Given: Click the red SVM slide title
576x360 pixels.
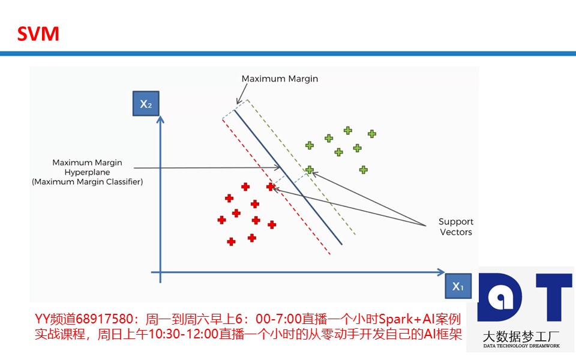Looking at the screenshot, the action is coord(38,34).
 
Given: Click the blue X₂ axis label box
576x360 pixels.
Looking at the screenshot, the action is coord(146,104).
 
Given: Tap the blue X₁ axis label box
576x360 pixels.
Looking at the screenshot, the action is coord(458,286).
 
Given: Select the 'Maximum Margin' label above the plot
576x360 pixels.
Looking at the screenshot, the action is coord(280,79).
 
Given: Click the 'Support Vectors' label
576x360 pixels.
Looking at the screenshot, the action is coord(456,227).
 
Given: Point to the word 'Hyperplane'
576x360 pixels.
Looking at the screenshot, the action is coord(87,172).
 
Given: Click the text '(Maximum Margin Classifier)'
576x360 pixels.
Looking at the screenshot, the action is coord(88,182).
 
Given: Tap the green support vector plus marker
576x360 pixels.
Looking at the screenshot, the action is coord(310,170).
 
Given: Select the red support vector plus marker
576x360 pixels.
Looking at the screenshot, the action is coord(271,187).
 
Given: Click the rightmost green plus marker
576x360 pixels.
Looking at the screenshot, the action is coord(372,134).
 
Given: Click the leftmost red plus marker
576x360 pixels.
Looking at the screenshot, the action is coord(221,220).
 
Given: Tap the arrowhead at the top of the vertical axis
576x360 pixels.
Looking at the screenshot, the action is coord(160,119).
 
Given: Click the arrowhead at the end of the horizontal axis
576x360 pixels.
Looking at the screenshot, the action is coord(441,272).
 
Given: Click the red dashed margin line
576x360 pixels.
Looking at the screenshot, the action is coord(276,186).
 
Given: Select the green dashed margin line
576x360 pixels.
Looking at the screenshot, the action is coord(301,167).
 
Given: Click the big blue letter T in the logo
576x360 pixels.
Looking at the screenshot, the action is coord(554,298).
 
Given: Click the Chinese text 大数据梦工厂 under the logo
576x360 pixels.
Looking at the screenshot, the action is coord(521,337).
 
